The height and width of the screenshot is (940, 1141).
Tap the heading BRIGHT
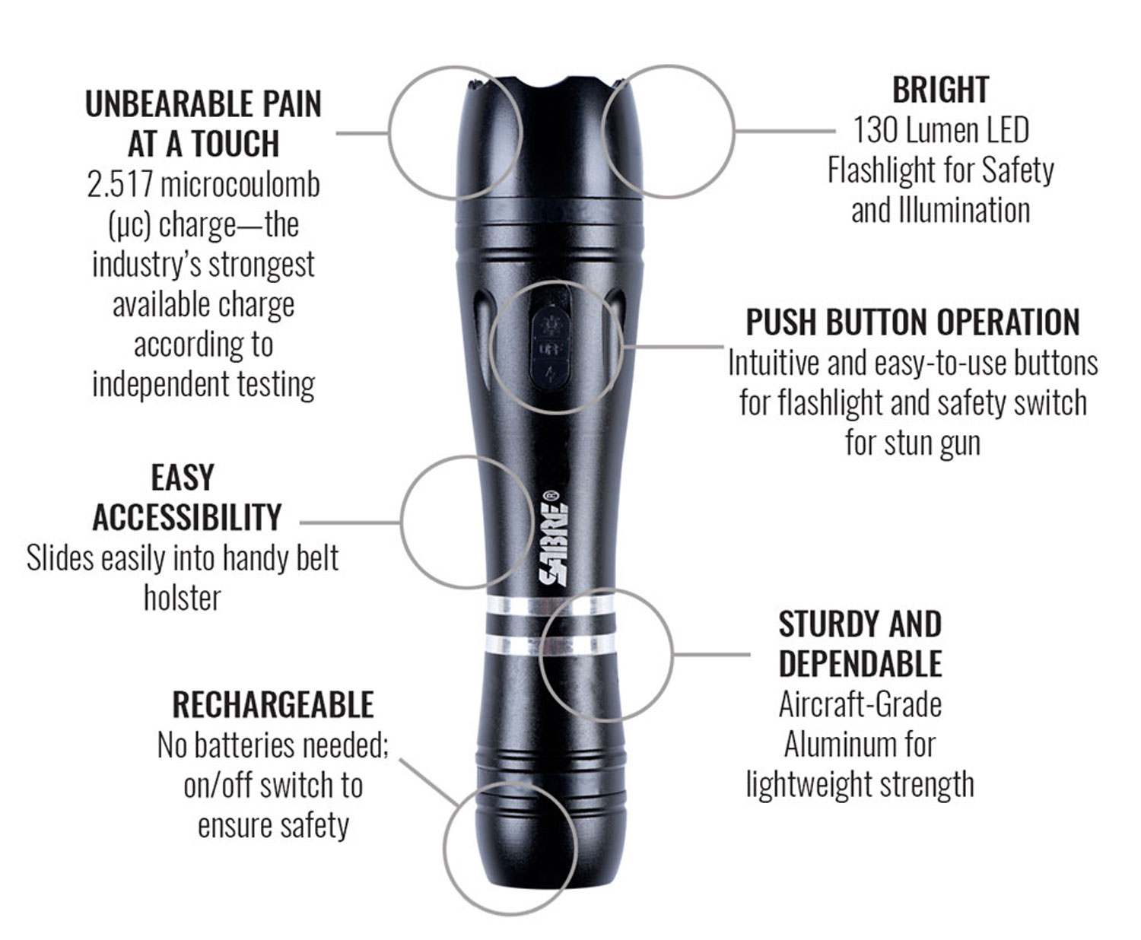[940, 91]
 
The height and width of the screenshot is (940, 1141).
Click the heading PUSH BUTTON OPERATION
[913, 322]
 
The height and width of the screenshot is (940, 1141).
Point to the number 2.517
[119, 185]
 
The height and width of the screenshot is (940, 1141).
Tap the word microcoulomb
[240, 185]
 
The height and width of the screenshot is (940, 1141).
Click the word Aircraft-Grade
[860, 704]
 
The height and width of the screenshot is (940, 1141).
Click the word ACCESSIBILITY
[187, 517]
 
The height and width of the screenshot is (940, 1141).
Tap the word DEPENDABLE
[860, 664]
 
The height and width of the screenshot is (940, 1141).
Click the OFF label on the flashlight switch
[550, 348]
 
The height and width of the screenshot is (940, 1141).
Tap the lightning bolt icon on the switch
[550, 374]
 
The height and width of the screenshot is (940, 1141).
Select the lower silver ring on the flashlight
[551, 645]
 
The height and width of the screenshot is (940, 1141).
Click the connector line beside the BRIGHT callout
[785, 131]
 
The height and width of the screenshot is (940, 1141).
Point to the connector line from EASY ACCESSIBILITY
[350, 522]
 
